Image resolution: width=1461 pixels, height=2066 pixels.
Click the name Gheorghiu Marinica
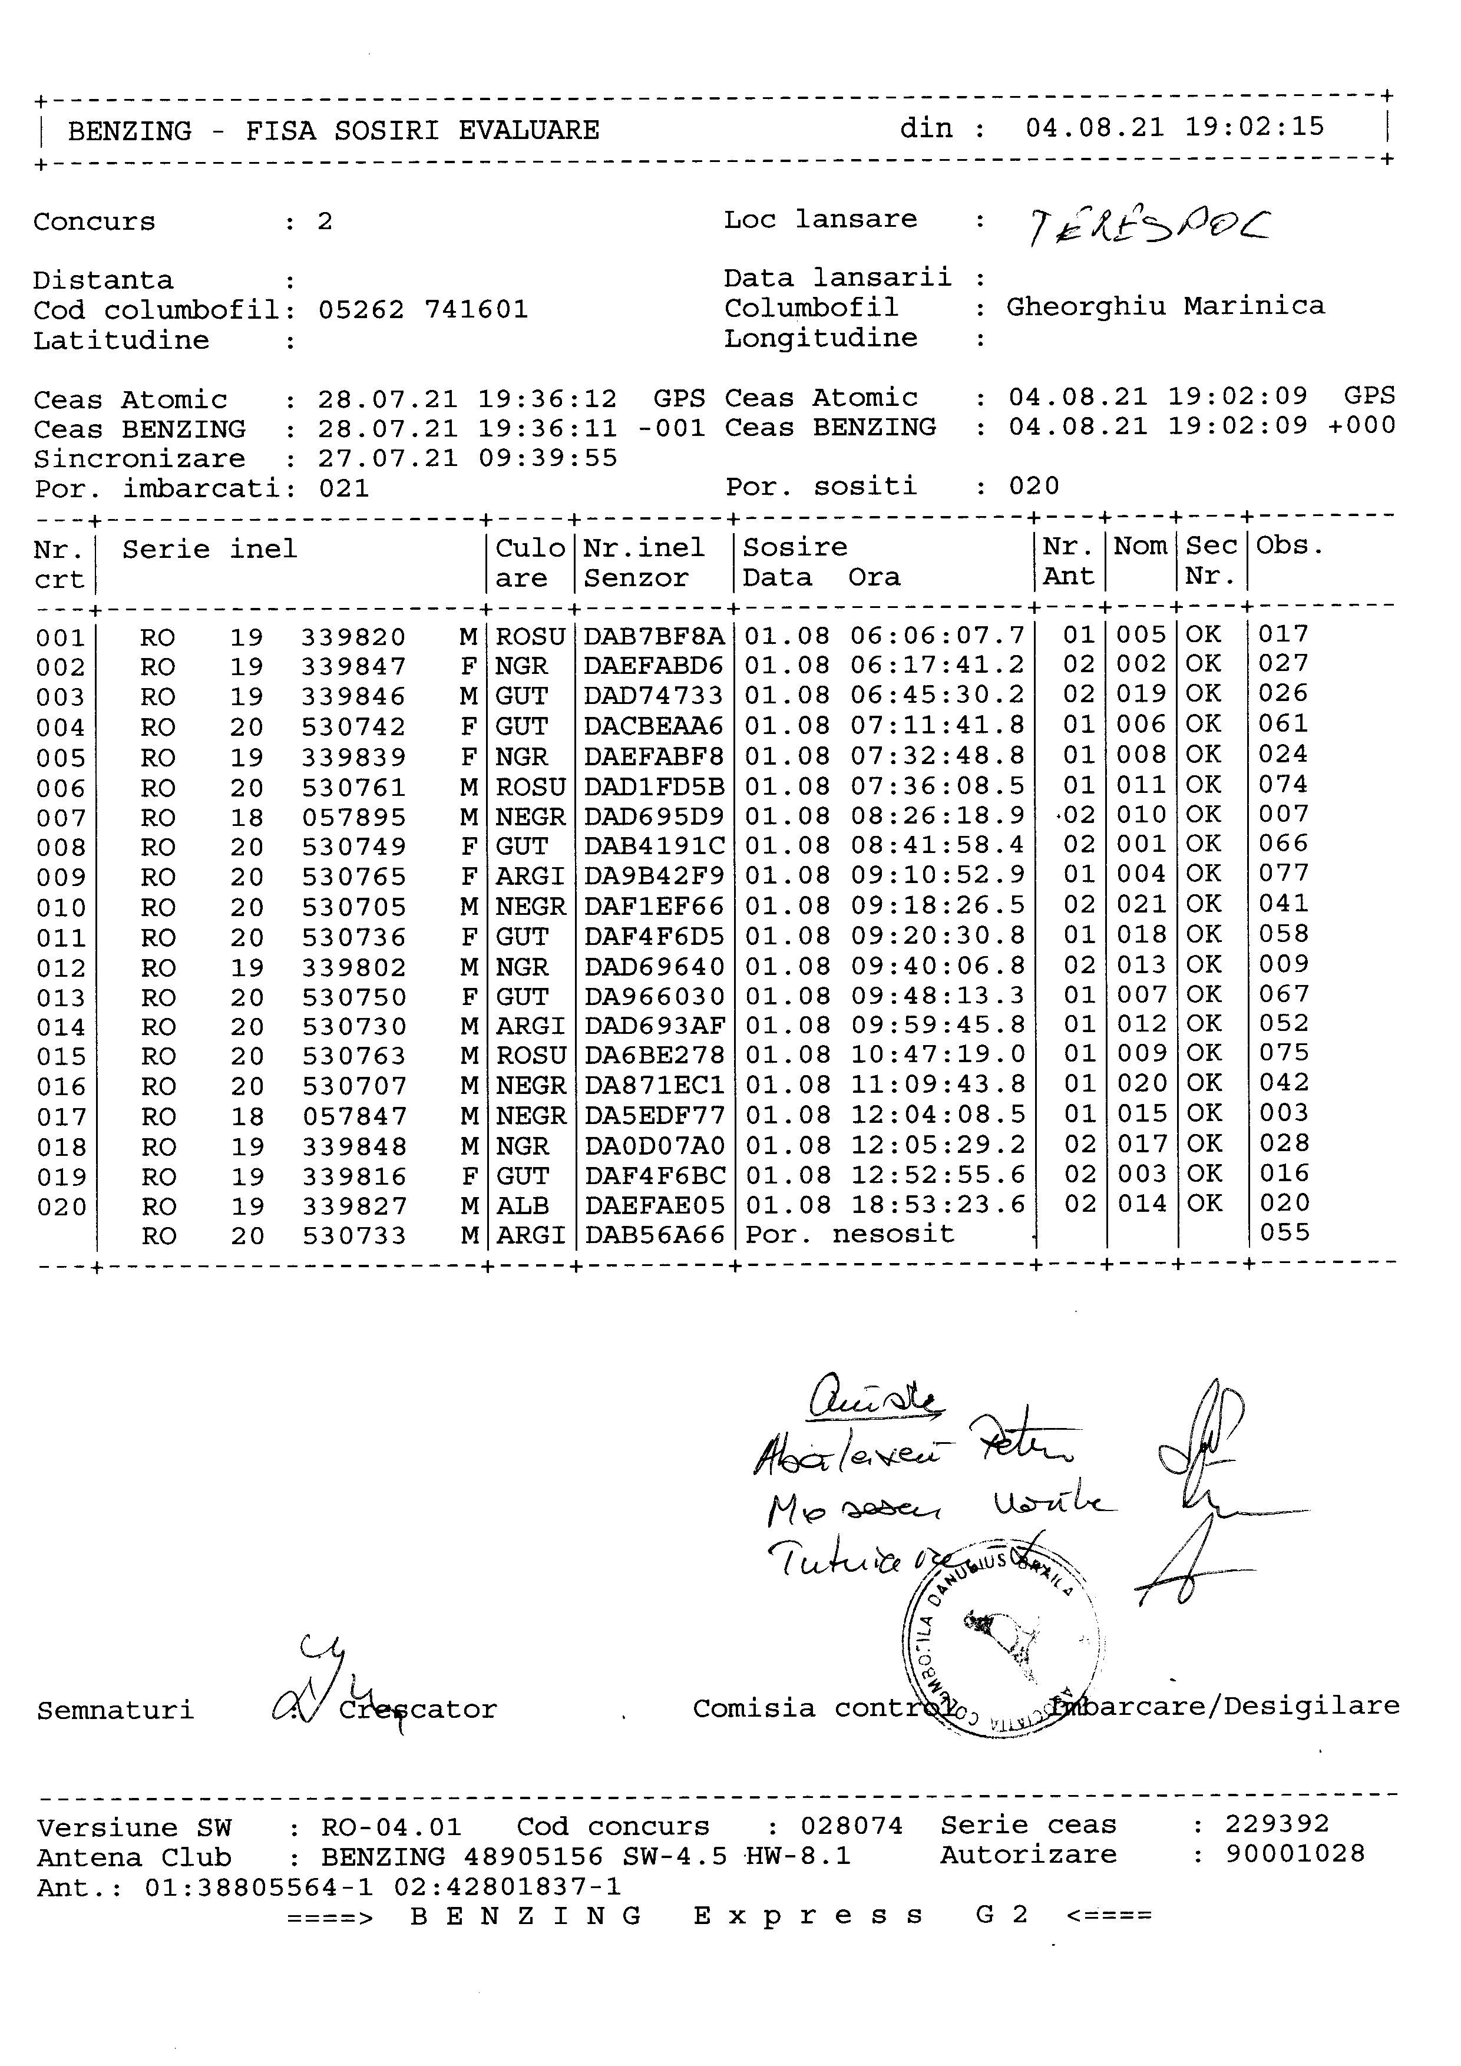[1165, 307]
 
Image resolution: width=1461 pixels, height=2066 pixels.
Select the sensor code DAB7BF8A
[654, 637]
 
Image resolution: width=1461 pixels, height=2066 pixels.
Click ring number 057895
[353, 818]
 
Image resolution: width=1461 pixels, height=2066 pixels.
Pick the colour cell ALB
[522, 1206]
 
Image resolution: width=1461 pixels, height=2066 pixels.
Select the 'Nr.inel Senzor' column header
[644, 563]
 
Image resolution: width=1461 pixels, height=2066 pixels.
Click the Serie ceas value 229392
[1277, 1824]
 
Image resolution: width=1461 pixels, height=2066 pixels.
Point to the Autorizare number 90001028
[1294, 1854]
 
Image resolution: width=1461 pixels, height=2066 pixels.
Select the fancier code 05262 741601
[423, 310]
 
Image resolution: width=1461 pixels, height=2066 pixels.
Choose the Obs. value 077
[1283, 874]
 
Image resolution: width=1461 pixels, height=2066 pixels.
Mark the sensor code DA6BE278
[654, 1056]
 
